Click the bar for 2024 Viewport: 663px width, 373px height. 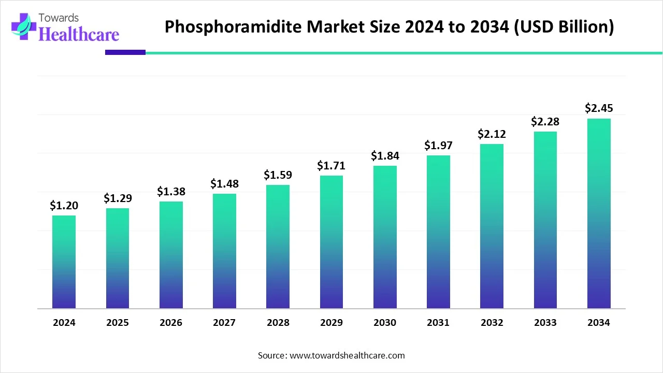[64, 262]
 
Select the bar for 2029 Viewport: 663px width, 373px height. [331, 242]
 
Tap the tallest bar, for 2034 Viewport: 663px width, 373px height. [599, 213]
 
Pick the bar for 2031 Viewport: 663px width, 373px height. [438, 232]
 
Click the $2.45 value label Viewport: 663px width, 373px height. [599, 108]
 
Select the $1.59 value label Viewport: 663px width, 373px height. [278, 175]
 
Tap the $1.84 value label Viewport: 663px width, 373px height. [385, 156]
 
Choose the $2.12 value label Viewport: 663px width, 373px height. [492, 134]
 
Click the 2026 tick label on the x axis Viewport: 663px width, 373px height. [171, 323]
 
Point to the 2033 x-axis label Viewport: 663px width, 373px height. [545, 323]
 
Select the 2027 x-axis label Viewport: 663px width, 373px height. [224, 323]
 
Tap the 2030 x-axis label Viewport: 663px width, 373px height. [385, 323]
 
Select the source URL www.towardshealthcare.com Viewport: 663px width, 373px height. [347, 355]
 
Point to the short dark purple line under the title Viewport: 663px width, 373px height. [125, 52]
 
